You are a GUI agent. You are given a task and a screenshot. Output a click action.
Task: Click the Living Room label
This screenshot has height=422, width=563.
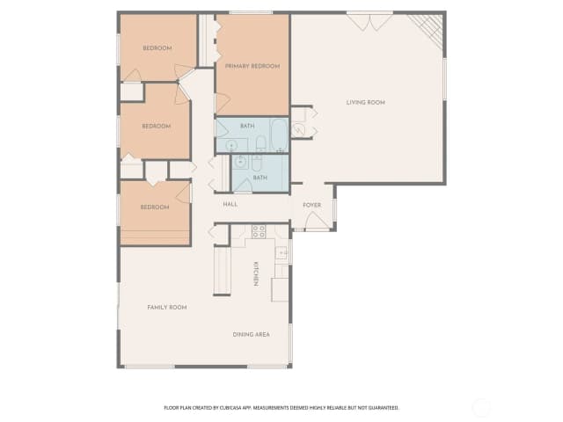[366, 103]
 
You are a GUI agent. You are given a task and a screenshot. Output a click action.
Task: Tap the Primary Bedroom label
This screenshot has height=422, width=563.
[252, 67]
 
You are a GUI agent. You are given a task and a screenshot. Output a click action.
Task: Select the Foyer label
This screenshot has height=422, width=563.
[311, 205]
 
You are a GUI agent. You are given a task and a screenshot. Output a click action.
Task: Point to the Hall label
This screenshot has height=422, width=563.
[230, 204]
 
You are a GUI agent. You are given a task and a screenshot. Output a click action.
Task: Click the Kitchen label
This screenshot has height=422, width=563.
[256, 273]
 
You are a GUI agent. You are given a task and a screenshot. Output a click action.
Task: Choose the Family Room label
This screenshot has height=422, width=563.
[167, 308]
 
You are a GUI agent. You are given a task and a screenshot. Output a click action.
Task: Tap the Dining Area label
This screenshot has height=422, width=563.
[252, 334]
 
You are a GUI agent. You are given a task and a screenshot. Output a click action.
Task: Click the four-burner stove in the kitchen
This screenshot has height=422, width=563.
[259, 231]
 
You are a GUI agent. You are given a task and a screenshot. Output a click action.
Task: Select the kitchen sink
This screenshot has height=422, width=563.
[281, 252]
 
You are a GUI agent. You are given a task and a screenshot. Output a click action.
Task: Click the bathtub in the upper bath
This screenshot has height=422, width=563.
[279, 135]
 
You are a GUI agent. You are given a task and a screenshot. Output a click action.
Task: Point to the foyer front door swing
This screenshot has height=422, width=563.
[317, 220]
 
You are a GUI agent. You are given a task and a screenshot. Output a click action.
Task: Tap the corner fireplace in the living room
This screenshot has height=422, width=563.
[428, 29]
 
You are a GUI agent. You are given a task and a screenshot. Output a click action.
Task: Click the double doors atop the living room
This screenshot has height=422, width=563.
[369, 22]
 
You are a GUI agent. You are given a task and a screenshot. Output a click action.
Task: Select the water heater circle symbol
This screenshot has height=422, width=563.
[297, 129]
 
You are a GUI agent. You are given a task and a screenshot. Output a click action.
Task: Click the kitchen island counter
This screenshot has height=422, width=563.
[222, 271]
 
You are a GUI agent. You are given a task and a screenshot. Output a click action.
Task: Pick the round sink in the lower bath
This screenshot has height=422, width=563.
[239, 162]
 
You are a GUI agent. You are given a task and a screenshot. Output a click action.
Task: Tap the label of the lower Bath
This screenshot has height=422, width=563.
[260, 178]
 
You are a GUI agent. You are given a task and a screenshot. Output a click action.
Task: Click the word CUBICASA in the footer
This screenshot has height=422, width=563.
[230, 408]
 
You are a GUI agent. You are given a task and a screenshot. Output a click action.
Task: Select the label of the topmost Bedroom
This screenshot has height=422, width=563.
[157, 48]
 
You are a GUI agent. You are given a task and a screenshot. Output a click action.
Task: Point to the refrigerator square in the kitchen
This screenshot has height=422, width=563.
[280, 289]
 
